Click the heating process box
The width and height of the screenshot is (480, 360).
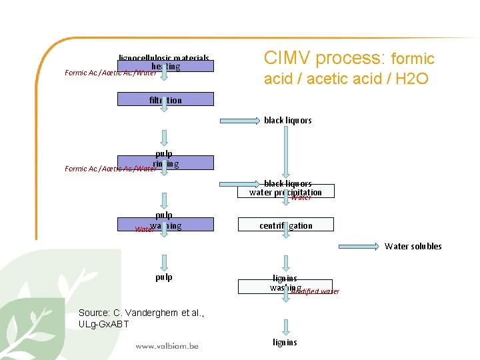pos(165,67)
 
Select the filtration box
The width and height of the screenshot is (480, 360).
pos(165,100)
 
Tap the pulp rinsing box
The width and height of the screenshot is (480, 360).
pos(165,163)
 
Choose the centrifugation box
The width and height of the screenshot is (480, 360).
pos(286,225)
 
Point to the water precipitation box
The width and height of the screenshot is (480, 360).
pos(286,192)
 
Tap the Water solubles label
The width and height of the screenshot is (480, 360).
pos(413,246)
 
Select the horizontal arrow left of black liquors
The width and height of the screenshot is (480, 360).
pos(239,121)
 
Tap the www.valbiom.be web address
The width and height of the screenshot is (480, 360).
pos(167,346)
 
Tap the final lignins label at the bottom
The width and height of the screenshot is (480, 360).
pos(285,343)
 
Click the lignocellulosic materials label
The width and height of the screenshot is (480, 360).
pos(164,58)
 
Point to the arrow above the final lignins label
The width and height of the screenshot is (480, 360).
pos(286,326)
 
